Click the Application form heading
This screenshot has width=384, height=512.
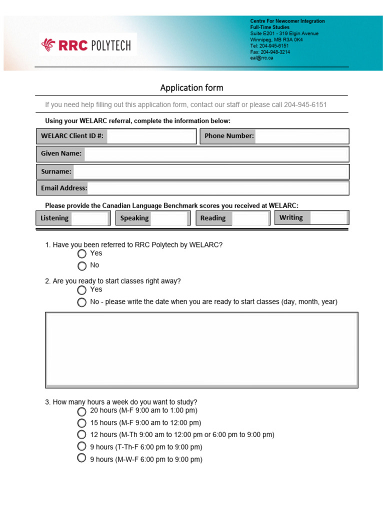click(x=191, y=88)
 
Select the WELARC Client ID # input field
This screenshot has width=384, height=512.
click(x=151, y=136)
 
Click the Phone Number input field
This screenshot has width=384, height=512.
click(x=302, y=136)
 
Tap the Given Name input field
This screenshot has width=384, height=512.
click(x=216, y=154)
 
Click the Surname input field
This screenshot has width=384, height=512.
click(x=210, y=171)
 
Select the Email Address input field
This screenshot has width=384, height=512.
click(x=218, y=188)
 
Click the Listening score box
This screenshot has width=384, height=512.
click(x=90, y=218)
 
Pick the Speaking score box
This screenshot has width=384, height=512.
click(x=169, y=218)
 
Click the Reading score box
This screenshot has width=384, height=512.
click(x=250, y=218)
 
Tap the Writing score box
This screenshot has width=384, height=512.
click(x=328, y=217)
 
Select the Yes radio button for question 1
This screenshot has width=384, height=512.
click(x=82, y=254)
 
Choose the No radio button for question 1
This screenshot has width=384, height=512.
click(x=82, y=266)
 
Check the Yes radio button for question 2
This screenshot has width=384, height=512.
click(x=82, y=290)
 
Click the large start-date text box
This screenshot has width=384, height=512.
click(x=201, y=350)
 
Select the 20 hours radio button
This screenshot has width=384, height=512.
click(x=82, y=411)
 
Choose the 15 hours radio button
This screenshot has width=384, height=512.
click(x=82, y=423)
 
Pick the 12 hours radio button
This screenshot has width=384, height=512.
click(x=82, y=435)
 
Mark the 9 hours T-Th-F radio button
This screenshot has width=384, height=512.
click(x=82, y=446)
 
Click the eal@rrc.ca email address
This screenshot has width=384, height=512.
click(x=262, y=58)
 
